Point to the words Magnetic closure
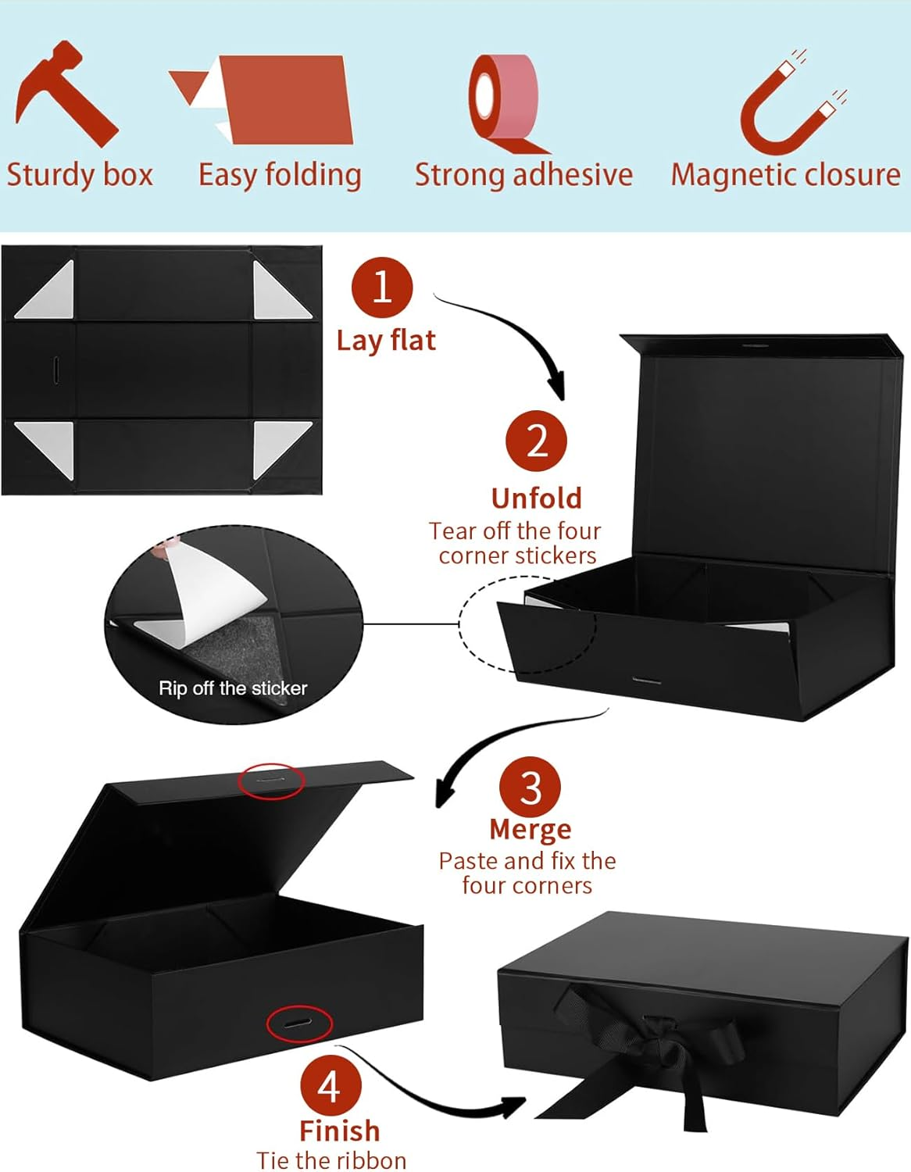[785, 175]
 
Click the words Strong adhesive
[523, 175]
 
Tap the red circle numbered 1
[382, 288]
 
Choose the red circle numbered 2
[537, 441]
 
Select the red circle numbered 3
[531, 788]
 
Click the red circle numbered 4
[330, 1086]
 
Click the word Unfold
[537, 498]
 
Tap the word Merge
[531, 829]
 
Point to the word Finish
[339, 1131]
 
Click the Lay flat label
[386, 341]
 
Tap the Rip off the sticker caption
[233, 688]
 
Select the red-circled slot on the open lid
[271, 780]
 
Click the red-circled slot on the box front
[299, 1024]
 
